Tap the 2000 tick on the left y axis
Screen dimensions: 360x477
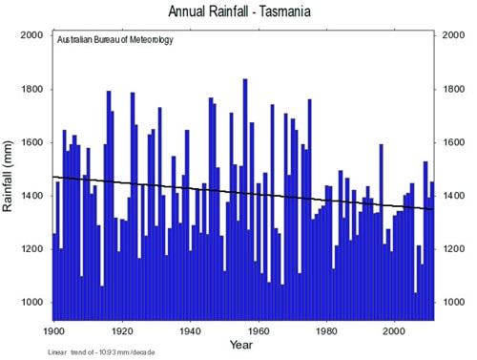pos(33,35)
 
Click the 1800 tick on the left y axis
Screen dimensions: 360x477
pos(33,89)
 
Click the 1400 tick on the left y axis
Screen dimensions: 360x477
pos(33,196)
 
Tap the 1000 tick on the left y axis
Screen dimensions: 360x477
pos(33,303)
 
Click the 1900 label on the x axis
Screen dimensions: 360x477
pos(53,329)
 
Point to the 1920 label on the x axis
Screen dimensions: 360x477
pos(121,329)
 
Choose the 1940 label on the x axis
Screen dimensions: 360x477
pos(190,329)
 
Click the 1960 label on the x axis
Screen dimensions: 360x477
pos(258,329)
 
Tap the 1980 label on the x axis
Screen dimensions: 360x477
pos(326,329)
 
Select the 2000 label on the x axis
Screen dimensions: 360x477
pos(394,329)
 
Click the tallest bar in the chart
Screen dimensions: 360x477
pos(244,191)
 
